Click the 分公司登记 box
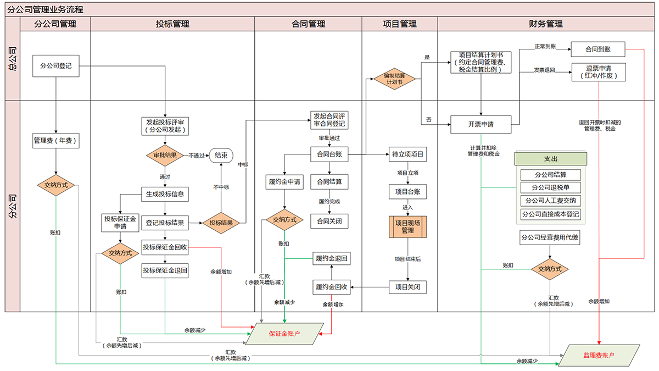point(56,66)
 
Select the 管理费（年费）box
point(56,141)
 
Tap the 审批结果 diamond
point(165,155)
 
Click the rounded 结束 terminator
point(221,155)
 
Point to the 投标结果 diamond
point(221,223)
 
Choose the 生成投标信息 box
point(165,195)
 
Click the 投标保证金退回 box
point(165,270)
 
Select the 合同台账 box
point(329,154)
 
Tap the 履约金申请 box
point(284,182)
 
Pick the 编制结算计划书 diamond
point(394,79)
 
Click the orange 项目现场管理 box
point(407,226)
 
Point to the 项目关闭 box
point(407,287)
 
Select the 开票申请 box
point(481,125)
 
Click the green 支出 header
point(551,159)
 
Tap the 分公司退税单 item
point(551,187)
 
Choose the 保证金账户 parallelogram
point(284,334)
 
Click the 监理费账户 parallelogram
point(599,356)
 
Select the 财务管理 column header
point(546,24)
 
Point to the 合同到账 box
point(598,49)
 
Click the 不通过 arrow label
point(196,156)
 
